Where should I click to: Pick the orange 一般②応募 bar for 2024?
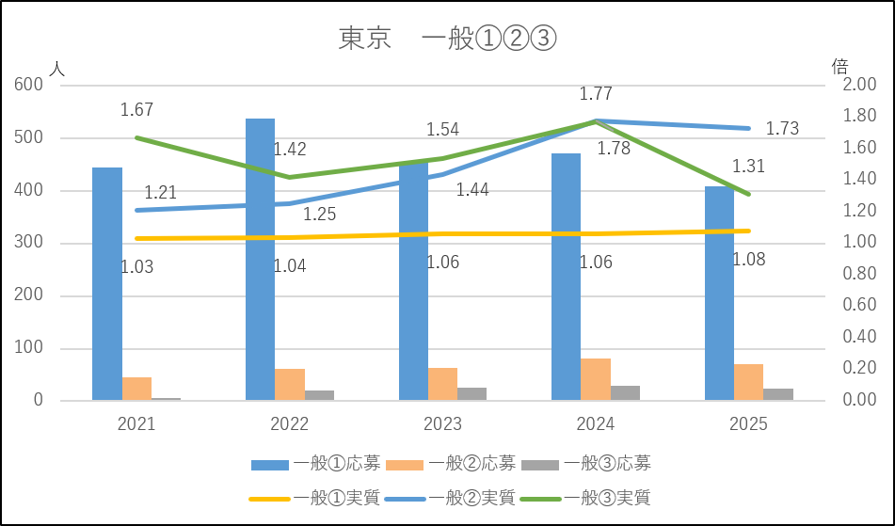point(596,379)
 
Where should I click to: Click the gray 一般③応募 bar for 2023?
point(472,393)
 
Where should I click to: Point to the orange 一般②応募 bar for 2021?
point(136,389)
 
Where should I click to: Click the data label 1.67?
point(136,110)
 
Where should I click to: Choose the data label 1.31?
point(749,167)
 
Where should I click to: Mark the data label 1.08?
point(749,259)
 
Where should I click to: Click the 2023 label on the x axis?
point(442,424)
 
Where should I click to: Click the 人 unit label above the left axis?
point(58,69)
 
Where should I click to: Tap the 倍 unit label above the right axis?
point(839,66)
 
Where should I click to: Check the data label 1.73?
point(782,129)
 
